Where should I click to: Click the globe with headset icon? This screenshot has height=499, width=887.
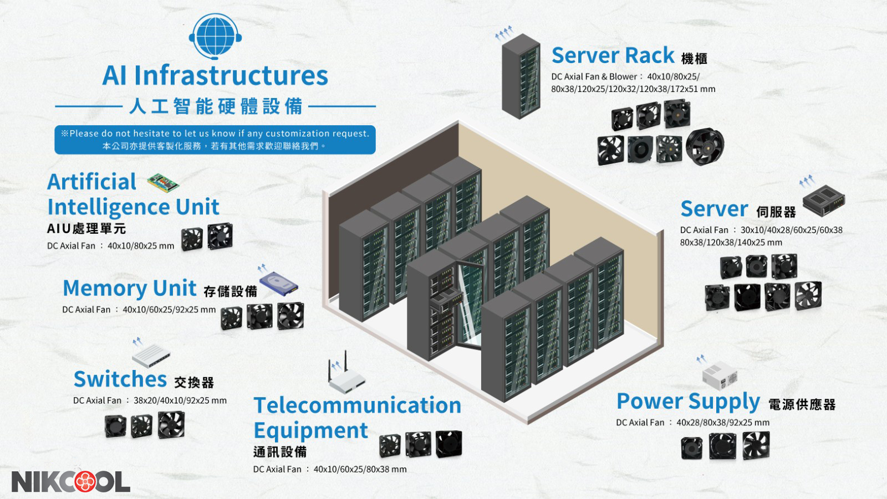pos(215,35)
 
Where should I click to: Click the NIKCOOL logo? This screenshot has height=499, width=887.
pos(71,481)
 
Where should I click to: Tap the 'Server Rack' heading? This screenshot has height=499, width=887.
pos(613,55)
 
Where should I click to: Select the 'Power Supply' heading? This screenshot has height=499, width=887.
pos(688,401)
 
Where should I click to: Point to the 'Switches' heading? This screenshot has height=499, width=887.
pos(120,379)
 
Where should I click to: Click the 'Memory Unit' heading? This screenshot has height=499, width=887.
pos(129,288)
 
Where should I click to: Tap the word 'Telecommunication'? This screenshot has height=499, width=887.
pos(358,405)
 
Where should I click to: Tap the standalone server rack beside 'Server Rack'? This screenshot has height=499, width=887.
pos(521,76)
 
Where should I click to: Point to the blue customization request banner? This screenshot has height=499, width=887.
pos(215,140)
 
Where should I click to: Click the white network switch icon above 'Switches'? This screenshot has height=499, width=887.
pos(151,355)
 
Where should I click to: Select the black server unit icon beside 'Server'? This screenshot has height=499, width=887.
pos(824,200)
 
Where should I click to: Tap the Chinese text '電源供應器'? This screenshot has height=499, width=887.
pos(802,404)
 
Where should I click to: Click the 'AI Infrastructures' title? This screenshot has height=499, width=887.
pos(215,75)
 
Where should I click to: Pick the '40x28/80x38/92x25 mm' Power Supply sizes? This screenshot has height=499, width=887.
pos(723,423)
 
